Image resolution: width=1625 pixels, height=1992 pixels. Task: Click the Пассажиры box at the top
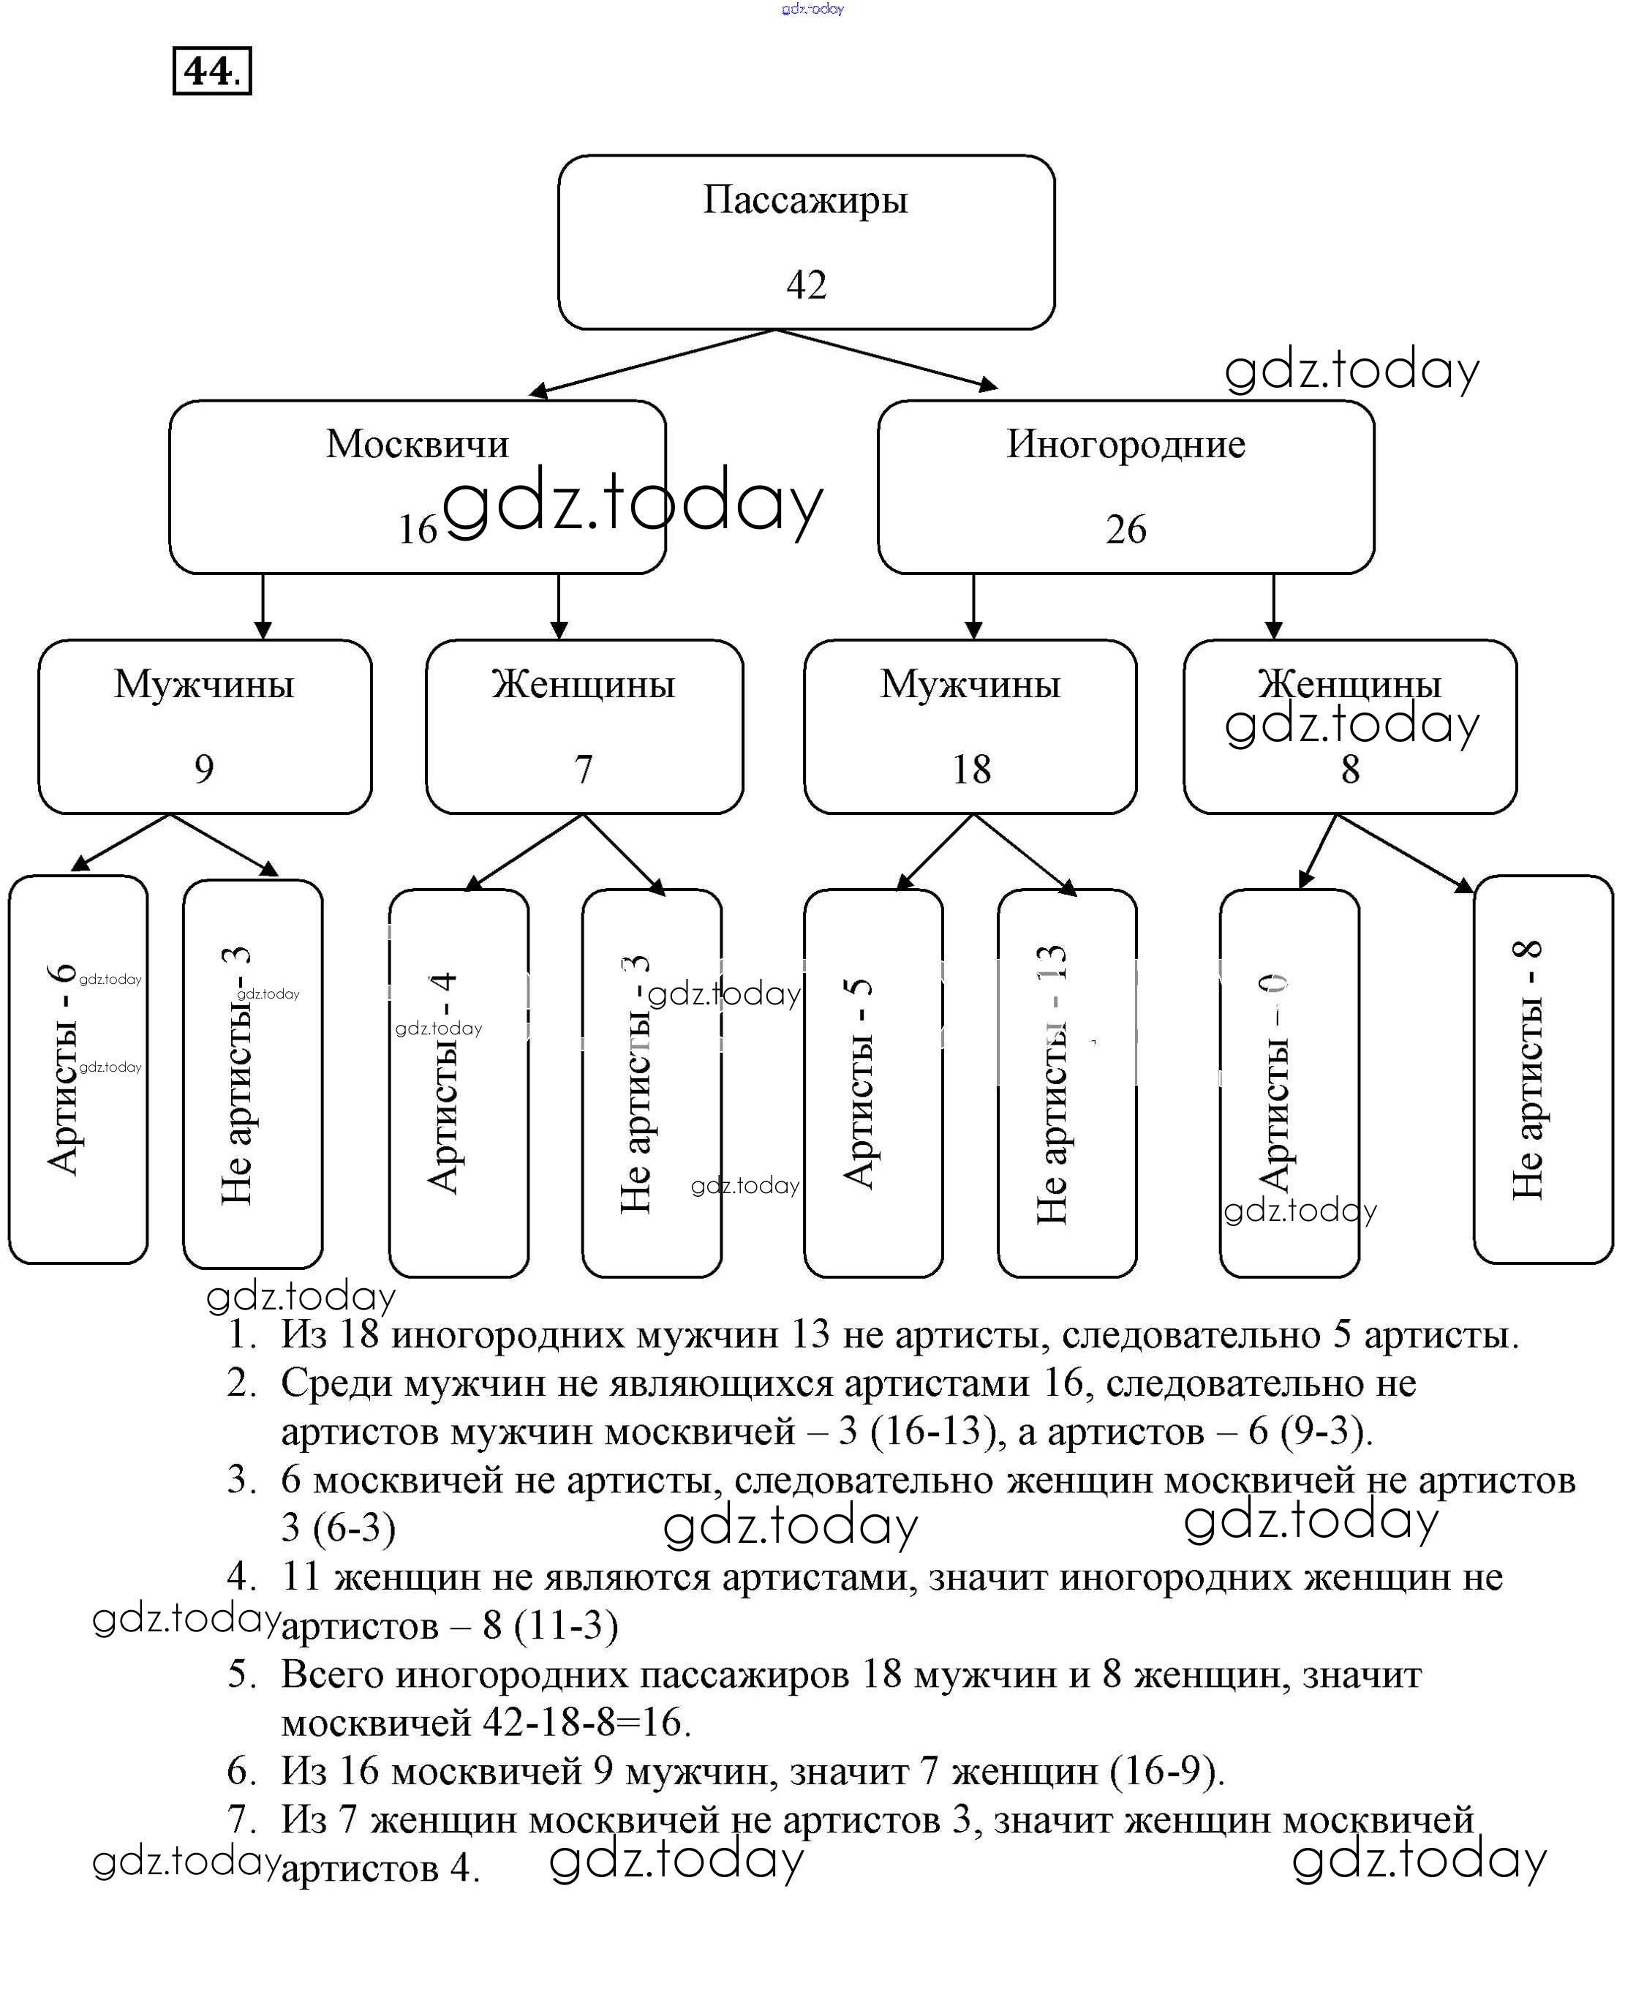[x=806, y=241]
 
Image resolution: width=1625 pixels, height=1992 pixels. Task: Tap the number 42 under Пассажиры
[x=806, y=285]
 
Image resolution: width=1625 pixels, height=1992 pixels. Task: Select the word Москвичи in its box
[x=418, y=444]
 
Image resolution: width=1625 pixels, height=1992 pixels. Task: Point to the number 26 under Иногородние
[x=1126, y=530]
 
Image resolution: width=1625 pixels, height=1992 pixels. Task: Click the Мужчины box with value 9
[x=204, y=726]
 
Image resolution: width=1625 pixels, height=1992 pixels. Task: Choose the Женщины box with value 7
[x=584, y=726]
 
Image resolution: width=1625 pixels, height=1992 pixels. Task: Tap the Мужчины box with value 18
[x=970, y=726]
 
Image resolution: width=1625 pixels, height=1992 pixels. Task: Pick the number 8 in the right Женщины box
[x=1350, y=770]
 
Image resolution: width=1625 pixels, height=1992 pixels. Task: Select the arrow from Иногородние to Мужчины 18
[x=973, y=606]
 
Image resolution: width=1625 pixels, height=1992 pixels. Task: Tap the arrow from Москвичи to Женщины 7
[x=559, y=606]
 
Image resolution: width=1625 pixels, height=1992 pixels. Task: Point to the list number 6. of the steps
[x=241, y=1771]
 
